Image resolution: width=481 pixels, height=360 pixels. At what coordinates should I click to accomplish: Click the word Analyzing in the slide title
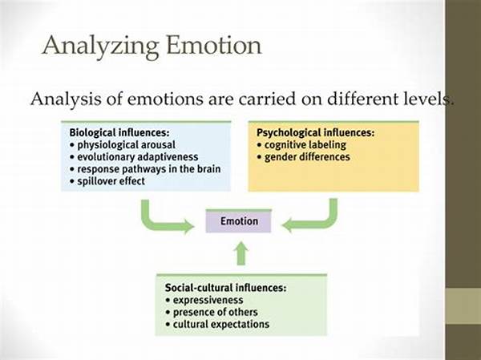[101, 47]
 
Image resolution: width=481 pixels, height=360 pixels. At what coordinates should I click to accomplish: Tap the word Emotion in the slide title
[213, 45]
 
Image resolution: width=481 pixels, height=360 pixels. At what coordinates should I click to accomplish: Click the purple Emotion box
[239, 221]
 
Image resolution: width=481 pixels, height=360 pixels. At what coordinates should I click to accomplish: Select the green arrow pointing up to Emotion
[241, 253]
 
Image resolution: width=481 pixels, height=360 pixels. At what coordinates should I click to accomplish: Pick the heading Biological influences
[119, 132]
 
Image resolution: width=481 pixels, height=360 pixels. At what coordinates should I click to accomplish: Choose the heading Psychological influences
[315, 132]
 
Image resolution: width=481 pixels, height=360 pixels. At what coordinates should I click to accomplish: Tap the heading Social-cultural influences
[225, 288]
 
